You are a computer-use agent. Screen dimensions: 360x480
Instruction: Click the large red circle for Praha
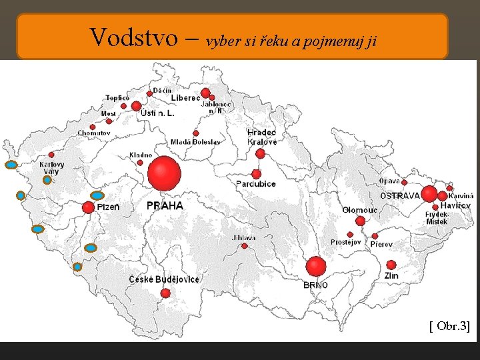tap(164, 173)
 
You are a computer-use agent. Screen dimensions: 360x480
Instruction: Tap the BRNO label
tap(315, 285)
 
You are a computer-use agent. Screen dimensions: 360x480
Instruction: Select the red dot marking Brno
tap(316, 266)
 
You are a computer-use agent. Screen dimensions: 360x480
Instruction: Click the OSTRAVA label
tap(400, 196)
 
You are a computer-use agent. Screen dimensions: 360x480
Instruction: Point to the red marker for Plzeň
tap(88, 207)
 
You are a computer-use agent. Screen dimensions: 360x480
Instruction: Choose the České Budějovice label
tap(164, 279)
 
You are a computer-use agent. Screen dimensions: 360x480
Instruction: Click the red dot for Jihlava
tap(245, 246)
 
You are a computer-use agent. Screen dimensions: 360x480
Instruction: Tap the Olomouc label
tap(360, 210)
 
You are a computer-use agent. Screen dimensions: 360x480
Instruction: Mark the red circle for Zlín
tap(391, 265)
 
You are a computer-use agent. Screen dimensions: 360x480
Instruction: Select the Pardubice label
tap(255, 183)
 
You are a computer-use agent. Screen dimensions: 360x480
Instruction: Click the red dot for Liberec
tap(205, 93)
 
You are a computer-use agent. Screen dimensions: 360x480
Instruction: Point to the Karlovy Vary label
tap(52, 167)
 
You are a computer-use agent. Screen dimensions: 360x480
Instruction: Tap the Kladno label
tap(141, 155)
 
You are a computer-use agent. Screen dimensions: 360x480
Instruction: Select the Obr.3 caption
tap(449, 325)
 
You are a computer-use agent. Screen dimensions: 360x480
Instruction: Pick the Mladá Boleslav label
tap(195, 142)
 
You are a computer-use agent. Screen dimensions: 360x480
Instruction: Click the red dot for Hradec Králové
tap(260, 153)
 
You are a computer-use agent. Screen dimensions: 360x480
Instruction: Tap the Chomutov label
tap(93, 133)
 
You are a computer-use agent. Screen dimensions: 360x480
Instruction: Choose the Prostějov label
tap(345, 242)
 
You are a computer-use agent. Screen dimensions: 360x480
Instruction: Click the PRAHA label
tap(165, 206)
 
